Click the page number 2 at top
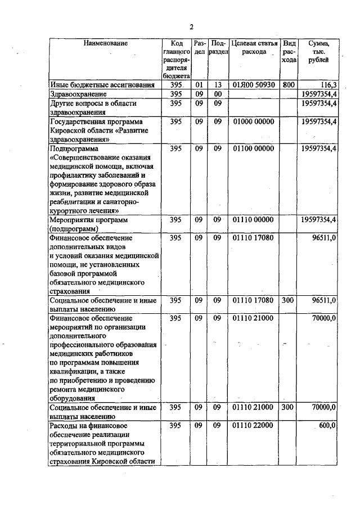tap(191, 26)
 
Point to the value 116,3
tap(325, 85)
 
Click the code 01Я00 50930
tap(253, 85)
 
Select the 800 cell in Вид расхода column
tap(289, 85)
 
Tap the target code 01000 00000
tap(253, 121)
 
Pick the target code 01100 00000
tap(253, 148)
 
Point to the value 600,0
tap(327, 426)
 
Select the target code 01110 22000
tap(253, 426)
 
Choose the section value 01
tap(199, 85)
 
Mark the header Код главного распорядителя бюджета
tap(175, 58)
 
